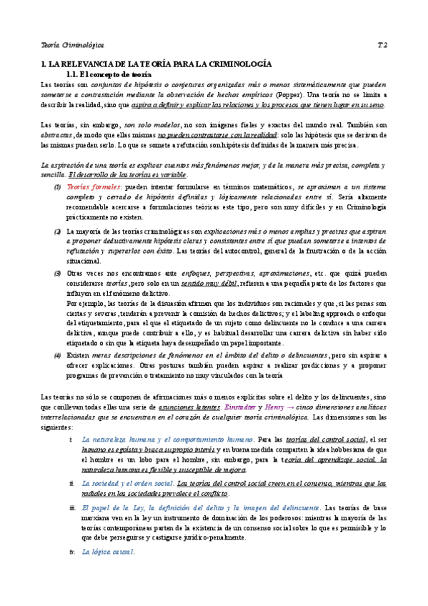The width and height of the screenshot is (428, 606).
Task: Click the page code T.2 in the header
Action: [x=382, y=44]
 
